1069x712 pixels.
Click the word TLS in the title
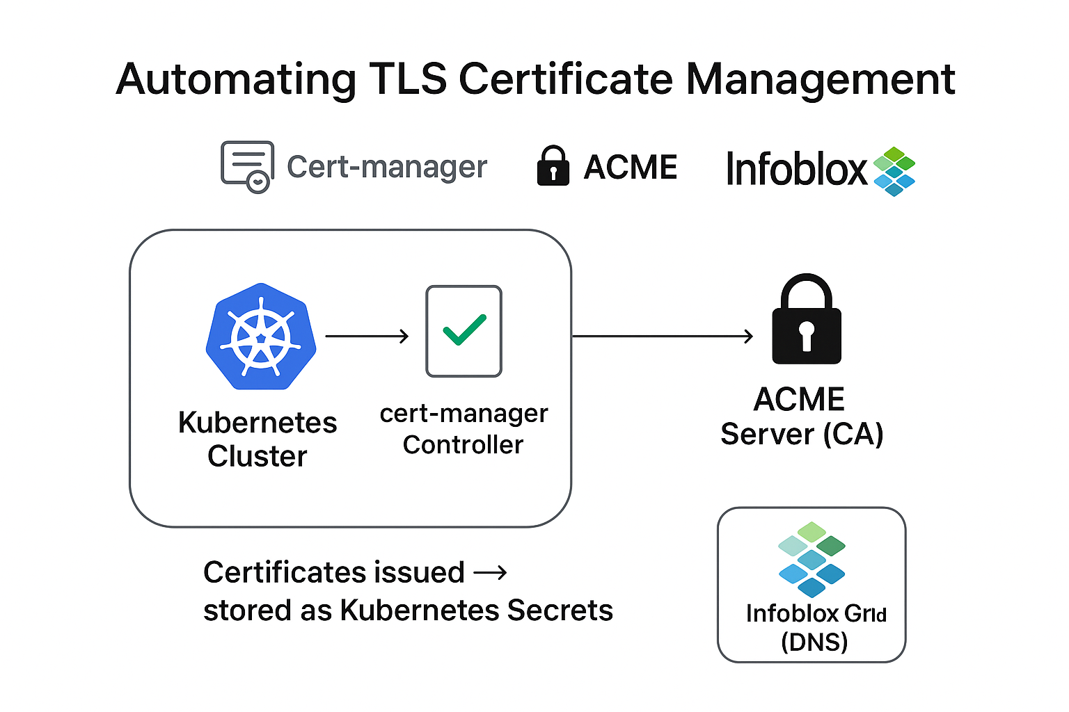(408, 79)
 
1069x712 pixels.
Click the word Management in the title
(821, 80)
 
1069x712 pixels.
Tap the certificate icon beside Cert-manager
(247, 166)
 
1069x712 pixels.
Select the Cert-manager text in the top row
(387, 167)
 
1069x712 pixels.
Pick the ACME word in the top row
(631, 168)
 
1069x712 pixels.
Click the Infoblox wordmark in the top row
(796, 169)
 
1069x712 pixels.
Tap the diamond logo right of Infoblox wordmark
(894, 171)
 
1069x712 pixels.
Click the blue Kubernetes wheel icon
(261, 337)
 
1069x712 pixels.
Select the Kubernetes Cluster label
(258, 439)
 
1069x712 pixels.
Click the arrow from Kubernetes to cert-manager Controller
(367, 337)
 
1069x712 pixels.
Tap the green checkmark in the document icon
(464, 330)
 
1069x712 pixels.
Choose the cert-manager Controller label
(464, 429)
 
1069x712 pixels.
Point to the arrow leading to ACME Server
(662, 337)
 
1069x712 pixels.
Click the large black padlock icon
(807, 319)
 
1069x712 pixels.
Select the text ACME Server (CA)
(802, 416)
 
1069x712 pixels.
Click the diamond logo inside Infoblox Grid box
(811, 559)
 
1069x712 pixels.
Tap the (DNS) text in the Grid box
(814, 642)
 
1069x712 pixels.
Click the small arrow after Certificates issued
(490, 573)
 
